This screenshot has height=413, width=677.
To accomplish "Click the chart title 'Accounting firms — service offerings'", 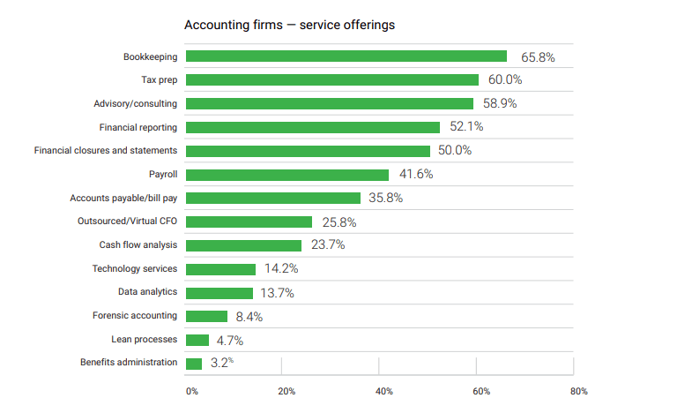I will point(289,25).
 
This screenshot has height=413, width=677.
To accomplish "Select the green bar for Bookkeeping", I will point(346,56).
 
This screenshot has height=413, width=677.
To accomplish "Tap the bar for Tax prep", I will point(332,80).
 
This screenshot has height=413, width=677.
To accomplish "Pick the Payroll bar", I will point(287,175).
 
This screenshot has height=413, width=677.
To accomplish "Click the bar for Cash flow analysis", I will point(244,245).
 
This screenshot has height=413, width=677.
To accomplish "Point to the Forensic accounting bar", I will point(207,316).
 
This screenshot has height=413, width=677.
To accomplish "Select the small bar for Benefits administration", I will point(194,363).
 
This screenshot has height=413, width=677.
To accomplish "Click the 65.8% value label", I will point(538,56).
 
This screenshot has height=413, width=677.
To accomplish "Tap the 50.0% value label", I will point(455,151).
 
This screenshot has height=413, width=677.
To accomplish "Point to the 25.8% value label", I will point(338,222).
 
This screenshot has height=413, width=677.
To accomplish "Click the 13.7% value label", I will point(278,293).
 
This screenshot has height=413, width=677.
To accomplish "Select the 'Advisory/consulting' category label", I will point(135,104).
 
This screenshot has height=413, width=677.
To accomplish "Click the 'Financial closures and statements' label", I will point(106,151).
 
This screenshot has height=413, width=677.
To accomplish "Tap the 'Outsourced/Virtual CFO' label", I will point(128,222).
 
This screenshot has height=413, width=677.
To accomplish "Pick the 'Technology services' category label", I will point(135,268).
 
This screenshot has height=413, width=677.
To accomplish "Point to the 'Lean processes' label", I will point(144,339).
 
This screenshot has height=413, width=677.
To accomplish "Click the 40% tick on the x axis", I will point(383,391).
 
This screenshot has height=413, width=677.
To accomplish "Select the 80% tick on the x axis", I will point(578,391).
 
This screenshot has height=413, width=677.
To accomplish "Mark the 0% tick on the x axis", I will point(191,391).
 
